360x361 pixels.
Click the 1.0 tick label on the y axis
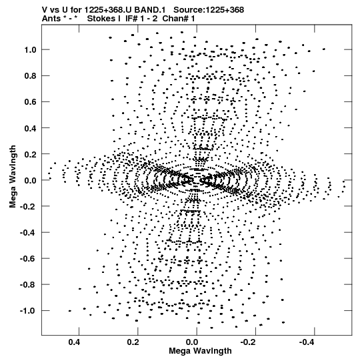(x=30, y=50)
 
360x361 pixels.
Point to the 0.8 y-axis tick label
(x=30, y=76)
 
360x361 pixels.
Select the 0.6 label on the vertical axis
(x=30, y=102)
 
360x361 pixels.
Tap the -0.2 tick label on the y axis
(x=28, y=206)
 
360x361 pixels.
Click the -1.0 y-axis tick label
(x=28, y=311)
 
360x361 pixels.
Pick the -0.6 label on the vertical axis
(x=28, y=259)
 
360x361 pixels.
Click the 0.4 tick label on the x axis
(x=74, y=342)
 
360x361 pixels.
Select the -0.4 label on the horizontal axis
(x=307, y=342)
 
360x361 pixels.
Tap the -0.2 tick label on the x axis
(x=249, y=342)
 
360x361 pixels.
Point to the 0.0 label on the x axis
(x=192, y=342)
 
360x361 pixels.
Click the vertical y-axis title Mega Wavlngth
(x=13, y=177)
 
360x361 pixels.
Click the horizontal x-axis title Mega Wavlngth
(x=200, y=351)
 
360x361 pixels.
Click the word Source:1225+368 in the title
(x=209, y=10)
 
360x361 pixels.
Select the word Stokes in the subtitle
(x=104, y=19)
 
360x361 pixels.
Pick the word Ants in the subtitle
(x=51, y=19)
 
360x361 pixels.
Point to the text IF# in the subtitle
(x=131, y=19)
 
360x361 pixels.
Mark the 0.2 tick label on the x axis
(x=133, y=342)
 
